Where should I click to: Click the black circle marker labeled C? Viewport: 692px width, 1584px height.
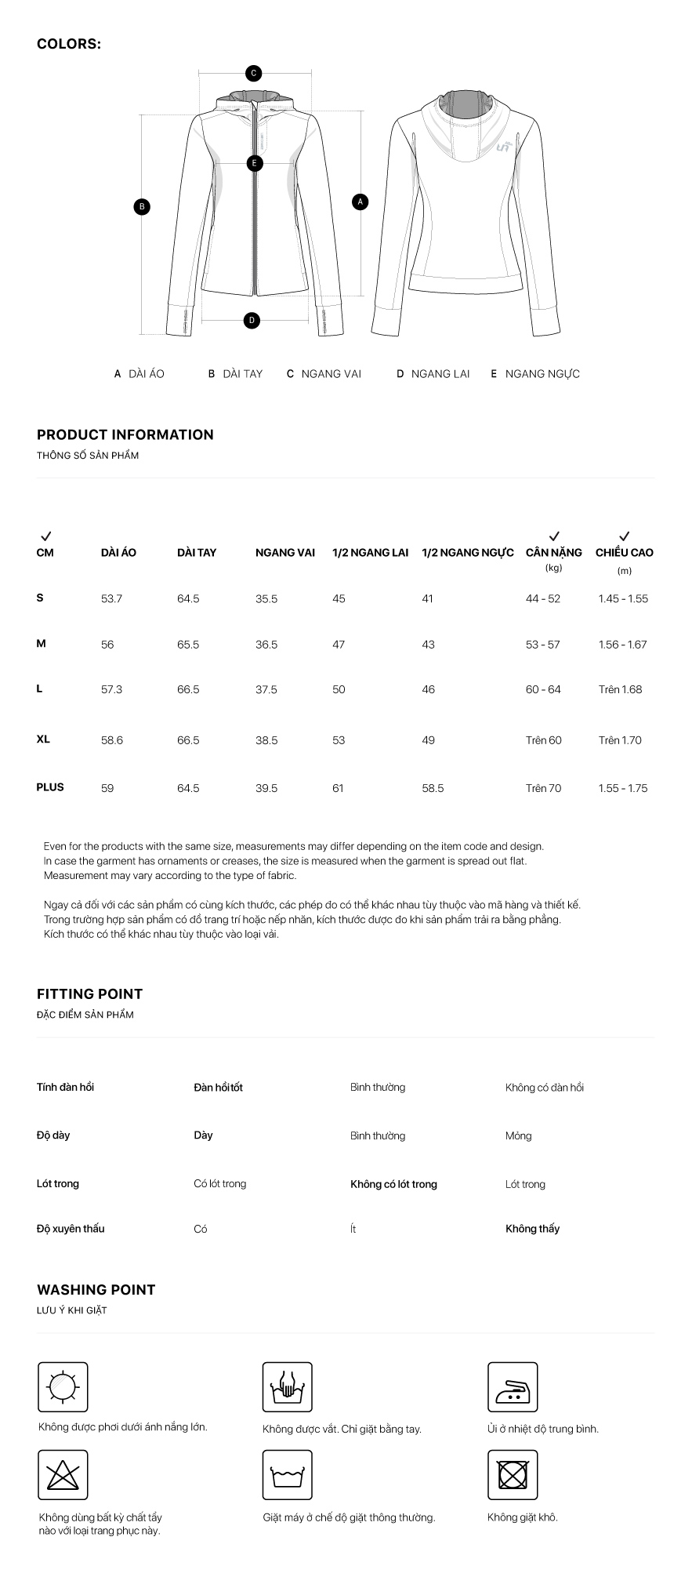tap(253, 74)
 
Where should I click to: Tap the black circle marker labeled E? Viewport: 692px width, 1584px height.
tap(254, 164)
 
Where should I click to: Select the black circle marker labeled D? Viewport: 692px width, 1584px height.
tap(252, 320)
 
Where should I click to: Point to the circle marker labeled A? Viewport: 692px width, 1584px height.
tap(360, 202)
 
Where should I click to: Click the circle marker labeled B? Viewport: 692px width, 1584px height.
tap(142, 207)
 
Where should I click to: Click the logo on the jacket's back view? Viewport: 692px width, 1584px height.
tap(504, 146)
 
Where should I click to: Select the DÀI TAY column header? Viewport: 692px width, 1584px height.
tap(197, 553)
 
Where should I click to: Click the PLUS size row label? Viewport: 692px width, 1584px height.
tap(50, 787)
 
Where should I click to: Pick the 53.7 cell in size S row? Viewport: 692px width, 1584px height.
tap(111, 599)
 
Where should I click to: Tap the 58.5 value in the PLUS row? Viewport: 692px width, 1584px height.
tap(433, 788)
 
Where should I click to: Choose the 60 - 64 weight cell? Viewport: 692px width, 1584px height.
tap(543, 690)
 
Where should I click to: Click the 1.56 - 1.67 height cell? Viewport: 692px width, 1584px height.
tap(622, 645)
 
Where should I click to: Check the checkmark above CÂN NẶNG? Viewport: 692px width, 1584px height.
tap(554, 536)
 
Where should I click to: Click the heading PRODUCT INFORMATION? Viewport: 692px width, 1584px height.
tap(125, 435)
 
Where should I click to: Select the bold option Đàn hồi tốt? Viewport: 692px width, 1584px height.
tap(218, 1088)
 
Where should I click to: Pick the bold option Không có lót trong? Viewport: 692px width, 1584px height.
tap(393, 1184)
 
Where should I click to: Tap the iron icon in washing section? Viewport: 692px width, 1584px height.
tap(513, 1387)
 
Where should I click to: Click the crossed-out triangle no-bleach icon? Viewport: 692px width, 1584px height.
tap(63, 1475)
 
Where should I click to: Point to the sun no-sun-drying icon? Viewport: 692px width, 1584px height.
tap(63, 1387)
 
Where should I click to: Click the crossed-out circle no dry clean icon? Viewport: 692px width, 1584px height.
tap(513, 1475)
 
